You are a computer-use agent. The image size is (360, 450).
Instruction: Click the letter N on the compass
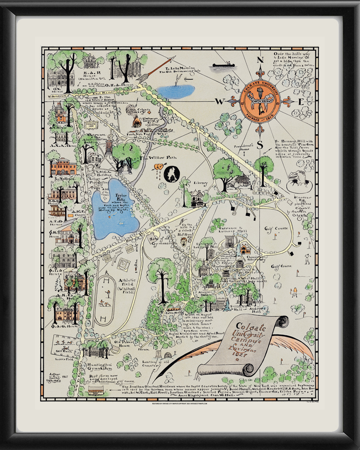pyautogui.click(x=260, y=60)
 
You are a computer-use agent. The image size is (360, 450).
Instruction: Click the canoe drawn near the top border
pyautogui.click(x=225, y=65)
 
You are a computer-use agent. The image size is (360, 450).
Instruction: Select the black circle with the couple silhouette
pyautogui.click(x=172, y=175)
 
